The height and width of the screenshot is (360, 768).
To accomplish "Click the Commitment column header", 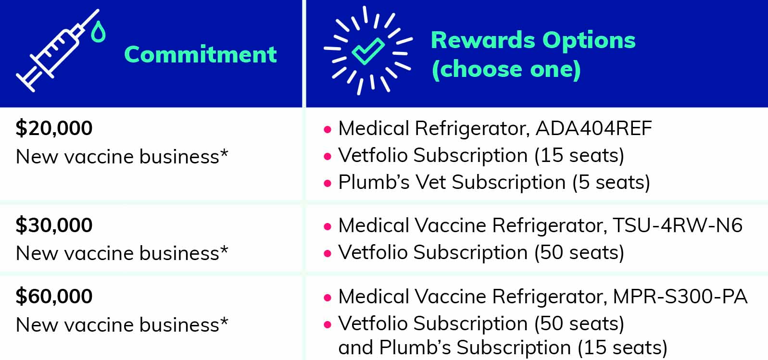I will pyautogui.click(x=200, y=54).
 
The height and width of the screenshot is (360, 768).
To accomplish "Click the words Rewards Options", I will pyautogui.click(x=533, y=40).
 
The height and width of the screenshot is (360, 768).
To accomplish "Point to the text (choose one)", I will pyautogui.click(x=506, y=69).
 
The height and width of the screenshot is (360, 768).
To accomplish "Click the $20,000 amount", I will pyautogui.click(x=54, y=128).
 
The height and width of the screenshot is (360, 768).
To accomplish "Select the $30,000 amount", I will pyautogui.click(x=54, y=225).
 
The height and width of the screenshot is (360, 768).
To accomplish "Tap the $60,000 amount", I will pyautogui.click(x=54, y=296).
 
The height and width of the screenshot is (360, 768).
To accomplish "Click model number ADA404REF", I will pyautogui.click(x=593, y=128).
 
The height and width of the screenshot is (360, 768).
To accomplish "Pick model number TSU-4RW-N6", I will pyautogui.click(x=677, y=225).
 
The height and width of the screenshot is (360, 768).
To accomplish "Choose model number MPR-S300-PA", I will pyautogui.click(x=680, y=296).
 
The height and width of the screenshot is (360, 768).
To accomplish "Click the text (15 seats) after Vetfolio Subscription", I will pyautogui.click(x=579, y=155).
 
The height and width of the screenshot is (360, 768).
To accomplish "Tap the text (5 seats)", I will pyautogui.click(x=611, y=182).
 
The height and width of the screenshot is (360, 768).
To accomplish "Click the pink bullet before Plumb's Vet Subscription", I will pyautogui.click(x=327, y=183).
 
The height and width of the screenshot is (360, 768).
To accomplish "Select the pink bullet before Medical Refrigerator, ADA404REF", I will pyautogui.click(x=327, y=129).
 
